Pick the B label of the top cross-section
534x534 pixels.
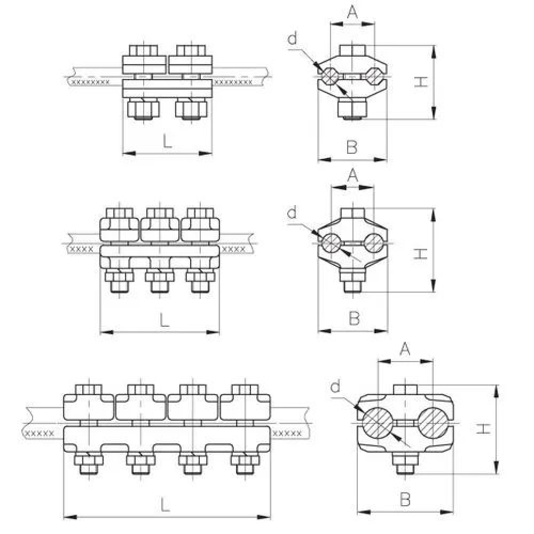[x=351, y=147]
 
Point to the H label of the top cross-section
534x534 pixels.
[x=422, y=82]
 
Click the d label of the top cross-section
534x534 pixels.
[x=292, y=39]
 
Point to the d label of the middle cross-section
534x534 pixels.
[x=292, y=214]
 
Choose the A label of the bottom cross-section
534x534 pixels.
[x=405, y=349]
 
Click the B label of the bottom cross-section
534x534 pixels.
[x=405, y=500]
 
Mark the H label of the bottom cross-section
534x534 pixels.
[x=483, y=428]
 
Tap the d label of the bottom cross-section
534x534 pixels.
[x=335, y=387]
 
